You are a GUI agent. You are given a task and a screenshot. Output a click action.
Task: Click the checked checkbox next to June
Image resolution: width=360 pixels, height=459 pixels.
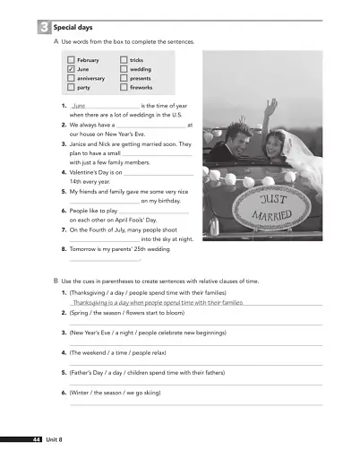71,69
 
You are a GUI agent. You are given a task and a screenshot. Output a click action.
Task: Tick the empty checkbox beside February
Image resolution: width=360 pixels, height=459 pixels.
71,59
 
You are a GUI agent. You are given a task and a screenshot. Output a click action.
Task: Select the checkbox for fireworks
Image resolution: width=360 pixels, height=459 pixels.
123,88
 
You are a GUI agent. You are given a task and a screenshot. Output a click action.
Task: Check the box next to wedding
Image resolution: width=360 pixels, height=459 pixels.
123,69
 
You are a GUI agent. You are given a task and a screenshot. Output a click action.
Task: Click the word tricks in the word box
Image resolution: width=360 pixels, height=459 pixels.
137,59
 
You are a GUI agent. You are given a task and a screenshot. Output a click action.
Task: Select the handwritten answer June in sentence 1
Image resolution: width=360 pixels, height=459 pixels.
79,106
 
